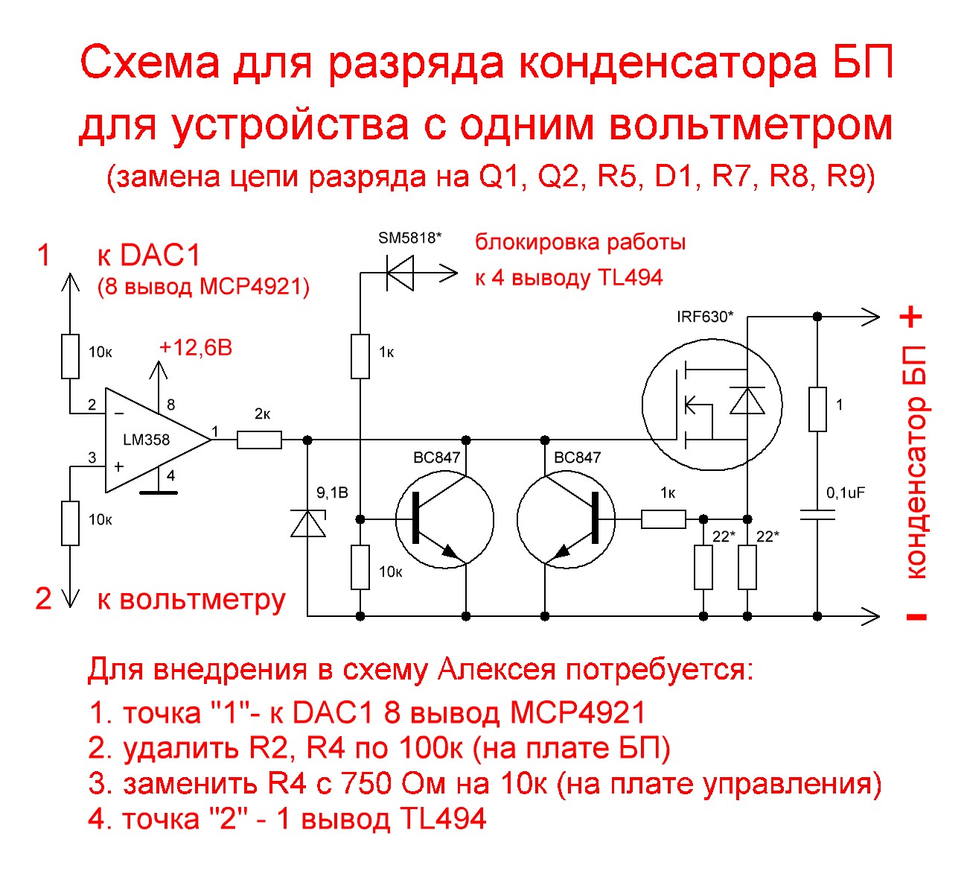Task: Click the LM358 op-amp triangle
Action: [x=153, y=440]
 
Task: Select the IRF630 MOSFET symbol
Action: [x=712, y=405]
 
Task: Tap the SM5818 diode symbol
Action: [x=400, y=273]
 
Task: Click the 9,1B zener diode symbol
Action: [x=307, y=525]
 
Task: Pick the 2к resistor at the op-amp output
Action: [x=259, y=440]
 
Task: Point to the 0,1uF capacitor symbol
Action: [x=817, y=515]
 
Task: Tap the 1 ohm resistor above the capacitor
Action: [x=817, y=409]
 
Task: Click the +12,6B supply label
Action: [x=196, y=348]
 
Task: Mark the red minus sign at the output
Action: [x=916, y=616]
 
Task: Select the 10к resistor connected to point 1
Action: [x=70, y=357]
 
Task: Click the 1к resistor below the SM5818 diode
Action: [x=360, y=357]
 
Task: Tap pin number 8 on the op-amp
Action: [x=170, y=405]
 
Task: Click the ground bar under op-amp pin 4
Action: [x=158, y=492]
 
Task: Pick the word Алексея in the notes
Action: [x=496, y=670]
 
